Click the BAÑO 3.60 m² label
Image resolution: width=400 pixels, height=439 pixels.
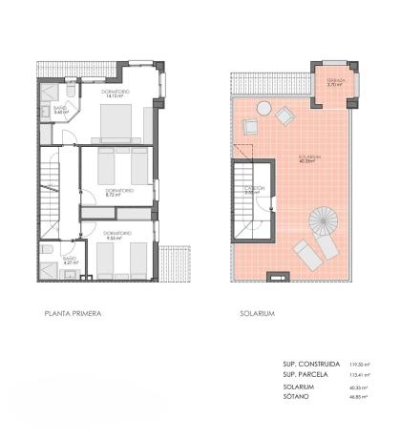[x=58, y=111]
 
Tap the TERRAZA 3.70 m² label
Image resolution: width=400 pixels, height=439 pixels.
[x=334, y=83]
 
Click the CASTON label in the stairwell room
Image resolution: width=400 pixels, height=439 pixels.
[x=253, y=191]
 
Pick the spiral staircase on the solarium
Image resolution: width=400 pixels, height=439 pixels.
[x=324, y=225]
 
